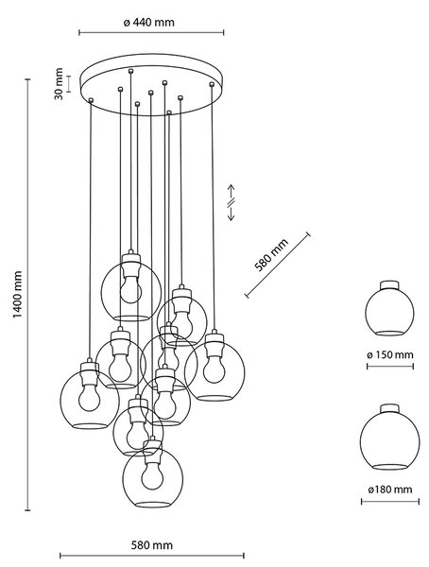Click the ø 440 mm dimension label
pyautogui.click(x=149, y=23)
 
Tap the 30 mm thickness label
pyautogui.click(x=59, y=83)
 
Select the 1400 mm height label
pyautogui.click(x=17, y=295)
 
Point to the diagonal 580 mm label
pyautogui.click(x=271, y=254)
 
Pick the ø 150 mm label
pyautogui.click(x=390, y=354)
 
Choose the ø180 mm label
pyautogui.click(x=390, y=490)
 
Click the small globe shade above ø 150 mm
pyautogui.click(x=389, y=308)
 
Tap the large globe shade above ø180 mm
pyautogui.click(x=390, y=438)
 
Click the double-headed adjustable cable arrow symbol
pyautogui.click(x=231, y=202)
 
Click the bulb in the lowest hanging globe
pyautogui.click(x=152, y=476)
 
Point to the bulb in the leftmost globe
pyautogui.click(x=89, y=398)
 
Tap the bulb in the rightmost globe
pyautogui.click(x=214, y=369)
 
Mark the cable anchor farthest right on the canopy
pyautogui.click(x=212, y=84)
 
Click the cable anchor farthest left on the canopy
pyautogui.click(x=91, y=100)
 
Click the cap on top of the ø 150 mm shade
pyautogui.click(x=389, y=284)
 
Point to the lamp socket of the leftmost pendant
pyautogui.click(x=90, y=373)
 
